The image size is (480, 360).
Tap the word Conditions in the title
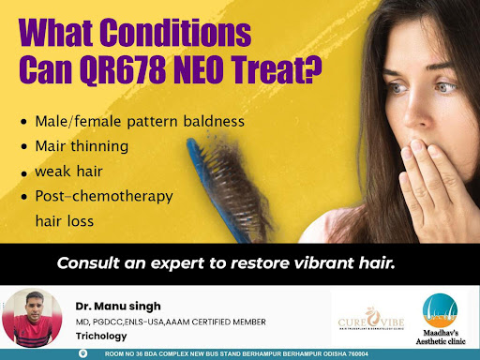tap(176, 33)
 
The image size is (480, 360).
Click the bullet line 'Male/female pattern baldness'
tap(140, 122)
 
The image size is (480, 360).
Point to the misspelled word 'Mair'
tap(51, 146)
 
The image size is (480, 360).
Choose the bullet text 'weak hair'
tap(68, 172)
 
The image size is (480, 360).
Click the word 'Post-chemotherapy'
tap(104, 197)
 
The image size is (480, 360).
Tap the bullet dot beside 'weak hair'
tap(24, 173)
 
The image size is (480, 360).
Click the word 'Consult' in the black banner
tap(88, 263)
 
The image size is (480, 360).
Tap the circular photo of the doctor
tap(32, 318)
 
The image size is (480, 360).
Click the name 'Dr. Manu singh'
tap(118, 307)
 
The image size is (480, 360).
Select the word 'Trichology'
tap(101, 337)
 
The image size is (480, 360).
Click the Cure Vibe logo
tap(371, 319)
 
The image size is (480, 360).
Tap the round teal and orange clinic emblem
tap(440, 310)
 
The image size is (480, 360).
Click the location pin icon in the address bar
tap(82, 353)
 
